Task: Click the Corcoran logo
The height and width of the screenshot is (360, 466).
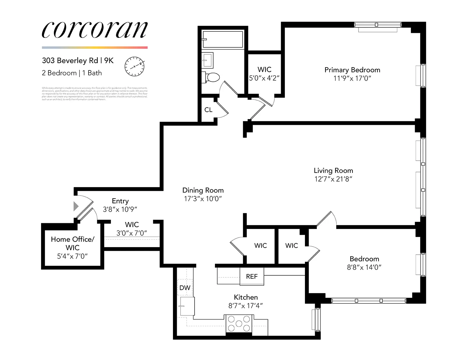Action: (95, 30)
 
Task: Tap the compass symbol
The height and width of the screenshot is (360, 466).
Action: (135, 66)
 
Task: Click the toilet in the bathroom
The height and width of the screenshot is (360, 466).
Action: (213, 77)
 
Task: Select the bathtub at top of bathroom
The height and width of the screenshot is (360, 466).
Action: (223, 39)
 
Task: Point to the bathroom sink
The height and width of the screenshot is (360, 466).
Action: (208, 60)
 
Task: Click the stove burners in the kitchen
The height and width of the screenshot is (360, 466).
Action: (239, 324)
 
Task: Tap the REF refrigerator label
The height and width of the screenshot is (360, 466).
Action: (252, 276)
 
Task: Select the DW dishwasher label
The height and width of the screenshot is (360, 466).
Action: (185, 288)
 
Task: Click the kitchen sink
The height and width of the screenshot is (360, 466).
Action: (187, 306)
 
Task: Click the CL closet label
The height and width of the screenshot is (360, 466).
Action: (208, 110)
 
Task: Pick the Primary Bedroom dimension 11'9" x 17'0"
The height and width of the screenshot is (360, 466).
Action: (352, 78)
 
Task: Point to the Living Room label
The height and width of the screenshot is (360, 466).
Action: (333, 171)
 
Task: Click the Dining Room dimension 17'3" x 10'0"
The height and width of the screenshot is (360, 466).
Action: (203, 199)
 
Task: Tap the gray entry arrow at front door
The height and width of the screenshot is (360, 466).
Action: (76, 206)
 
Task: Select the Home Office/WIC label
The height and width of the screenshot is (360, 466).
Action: (73, 243)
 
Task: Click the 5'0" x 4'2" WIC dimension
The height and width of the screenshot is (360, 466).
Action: (264, 78)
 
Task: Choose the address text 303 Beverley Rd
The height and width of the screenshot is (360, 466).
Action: (70, 61)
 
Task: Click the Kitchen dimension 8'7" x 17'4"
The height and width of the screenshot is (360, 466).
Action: (246, 306)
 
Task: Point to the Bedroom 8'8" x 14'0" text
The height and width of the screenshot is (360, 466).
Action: (364, 267)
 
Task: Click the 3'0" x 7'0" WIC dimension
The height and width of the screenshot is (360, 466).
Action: (132, 233)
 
